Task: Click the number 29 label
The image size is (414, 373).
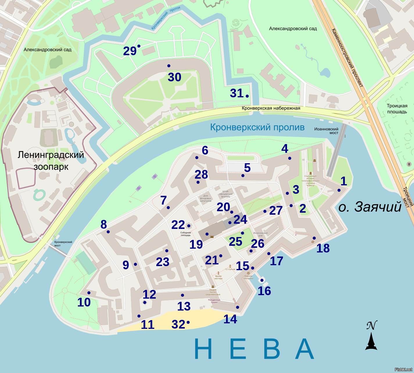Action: point(130,51)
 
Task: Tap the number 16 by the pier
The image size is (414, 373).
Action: point(264,291)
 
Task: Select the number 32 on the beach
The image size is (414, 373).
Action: point(178,324)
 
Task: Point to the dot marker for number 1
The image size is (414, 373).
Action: point(339,190)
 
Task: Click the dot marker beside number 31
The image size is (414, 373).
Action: point(247,96)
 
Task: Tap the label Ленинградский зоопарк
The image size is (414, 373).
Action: point(51,161)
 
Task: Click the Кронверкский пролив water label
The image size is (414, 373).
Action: point(257,127)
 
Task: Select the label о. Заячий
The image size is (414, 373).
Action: point(370,207)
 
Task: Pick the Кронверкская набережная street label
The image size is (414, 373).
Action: point(271,108)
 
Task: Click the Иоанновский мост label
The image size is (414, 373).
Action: point(326,131)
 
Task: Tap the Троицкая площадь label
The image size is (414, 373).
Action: point(397,109)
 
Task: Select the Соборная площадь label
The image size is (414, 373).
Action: point(186,234)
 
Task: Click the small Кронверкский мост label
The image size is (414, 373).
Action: point(63,243)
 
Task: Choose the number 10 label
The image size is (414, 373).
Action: point(84,302)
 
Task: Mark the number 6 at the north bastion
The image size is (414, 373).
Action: point(205,150)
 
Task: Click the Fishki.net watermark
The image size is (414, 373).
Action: point(404,369)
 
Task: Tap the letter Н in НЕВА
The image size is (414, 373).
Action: point(203,349)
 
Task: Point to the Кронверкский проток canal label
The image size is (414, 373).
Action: point(166,18)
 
